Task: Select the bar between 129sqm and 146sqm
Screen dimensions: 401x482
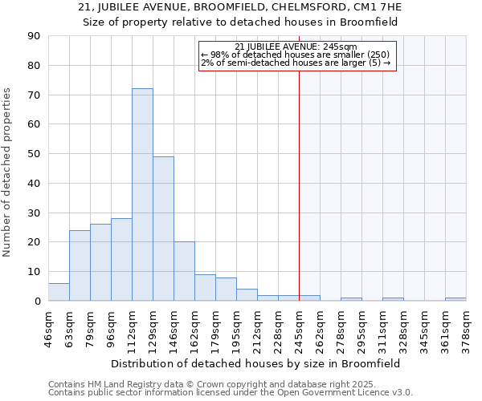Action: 163,229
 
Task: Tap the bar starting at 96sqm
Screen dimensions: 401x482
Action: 121,259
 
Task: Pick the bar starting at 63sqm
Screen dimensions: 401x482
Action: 80,265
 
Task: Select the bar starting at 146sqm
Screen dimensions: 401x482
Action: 184,271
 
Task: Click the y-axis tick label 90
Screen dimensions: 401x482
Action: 34,36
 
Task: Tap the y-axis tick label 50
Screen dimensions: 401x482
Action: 34,154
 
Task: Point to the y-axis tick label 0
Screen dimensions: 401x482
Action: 37,301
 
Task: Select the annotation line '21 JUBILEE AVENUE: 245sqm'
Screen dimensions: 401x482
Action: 296,47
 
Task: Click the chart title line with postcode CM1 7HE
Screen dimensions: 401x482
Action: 241,7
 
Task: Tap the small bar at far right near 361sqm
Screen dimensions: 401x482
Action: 455,299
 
